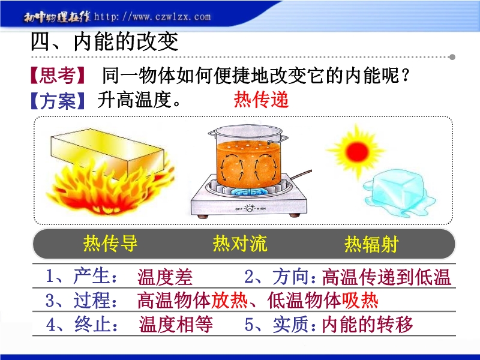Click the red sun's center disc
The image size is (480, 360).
(356, 151)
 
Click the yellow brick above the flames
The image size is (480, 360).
(107, 151)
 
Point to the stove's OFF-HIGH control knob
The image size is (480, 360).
(250, 208)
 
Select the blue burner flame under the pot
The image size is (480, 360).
(248, 192)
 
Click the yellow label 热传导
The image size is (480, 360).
(110, 244)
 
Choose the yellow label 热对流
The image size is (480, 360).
(241, 244)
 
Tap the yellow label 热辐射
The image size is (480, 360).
(371, 244)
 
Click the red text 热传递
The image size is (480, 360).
(261, 100)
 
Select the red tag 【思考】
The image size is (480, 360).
(57, 76)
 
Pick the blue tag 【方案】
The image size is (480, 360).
(57, 100)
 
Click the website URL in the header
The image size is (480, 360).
(152, 17)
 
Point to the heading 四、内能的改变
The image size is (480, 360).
(104, 41)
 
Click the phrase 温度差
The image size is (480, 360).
(165, 277)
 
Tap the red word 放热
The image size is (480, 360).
(229, 301)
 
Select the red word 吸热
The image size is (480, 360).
(360, 301)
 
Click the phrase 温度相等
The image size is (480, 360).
(176, 324)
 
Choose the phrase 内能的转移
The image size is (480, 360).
(367, 324)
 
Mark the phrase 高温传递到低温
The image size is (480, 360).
(386, 277)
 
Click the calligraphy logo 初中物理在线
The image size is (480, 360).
(57, 17)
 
